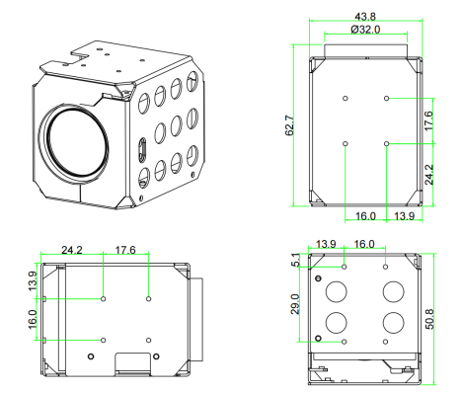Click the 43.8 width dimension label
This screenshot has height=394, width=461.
[365, 16]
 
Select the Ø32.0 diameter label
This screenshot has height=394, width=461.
[365, 30]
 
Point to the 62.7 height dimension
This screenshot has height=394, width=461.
[289, 125]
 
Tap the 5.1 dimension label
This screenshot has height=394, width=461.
[296, 260]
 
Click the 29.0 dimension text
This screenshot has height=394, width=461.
[295, 304]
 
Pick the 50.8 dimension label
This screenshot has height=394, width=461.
[430, 319]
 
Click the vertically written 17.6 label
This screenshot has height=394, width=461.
[428, 120]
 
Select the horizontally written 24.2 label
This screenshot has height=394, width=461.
[72, 250]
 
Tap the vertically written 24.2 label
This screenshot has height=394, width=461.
[428, 175]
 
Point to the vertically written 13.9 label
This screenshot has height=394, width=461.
[33, 280]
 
